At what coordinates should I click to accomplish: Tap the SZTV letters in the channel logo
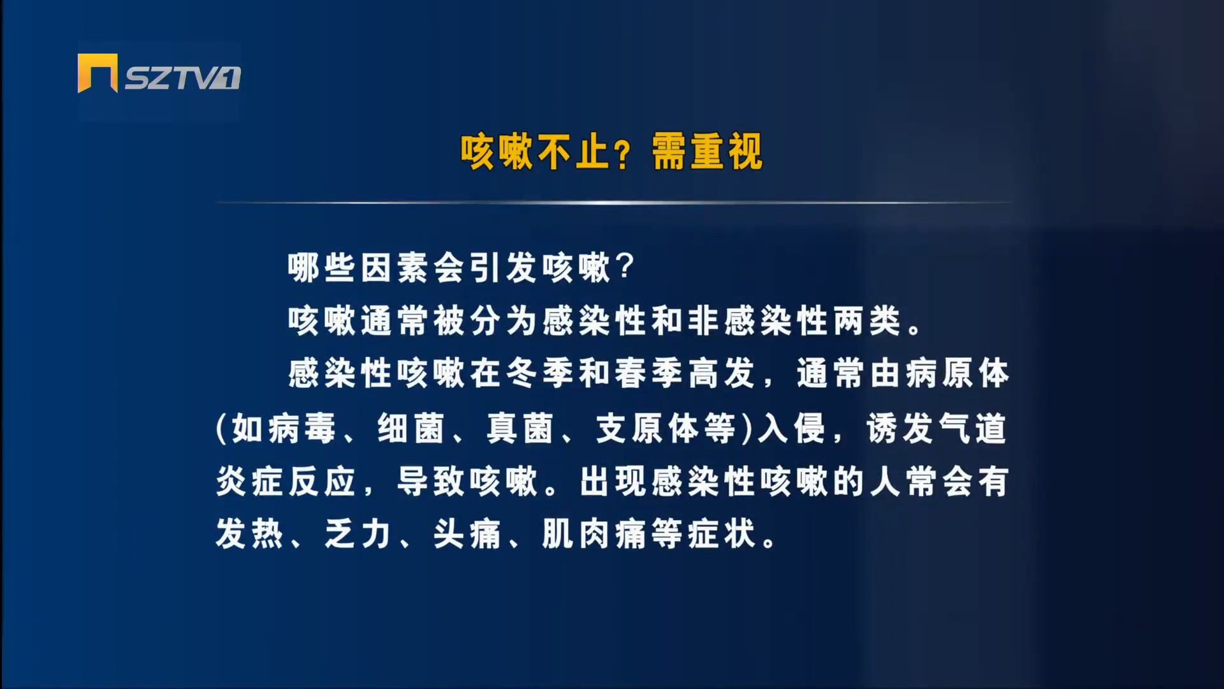tap(182, 78)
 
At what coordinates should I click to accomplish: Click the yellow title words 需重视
tap(707, 152)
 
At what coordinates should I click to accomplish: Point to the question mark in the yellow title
tap(622, 154)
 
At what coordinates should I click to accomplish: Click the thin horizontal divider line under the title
tap(613, 203)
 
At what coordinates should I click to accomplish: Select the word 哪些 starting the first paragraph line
tap(322, 267)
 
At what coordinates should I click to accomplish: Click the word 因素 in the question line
tap(395, 267)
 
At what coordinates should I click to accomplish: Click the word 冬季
tap(540, 373)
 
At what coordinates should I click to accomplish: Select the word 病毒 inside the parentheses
tap(302, 428)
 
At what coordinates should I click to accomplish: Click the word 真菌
tap(520, 428)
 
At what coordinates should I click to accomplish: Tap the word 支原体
tap(647, 428)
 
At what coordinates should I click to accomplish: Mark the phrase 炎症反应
tap(286, 481)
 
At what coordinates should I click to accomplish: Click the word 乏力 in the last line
tap(358, 534)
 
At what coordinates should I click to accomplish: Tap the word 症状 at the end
tap(722, 534)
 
